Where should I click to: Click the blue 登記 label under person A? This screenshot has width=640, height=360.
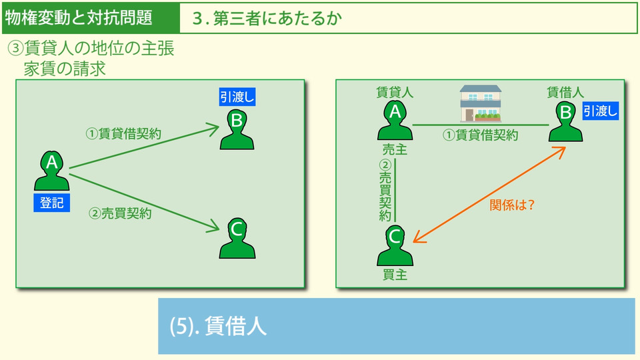[52, 203]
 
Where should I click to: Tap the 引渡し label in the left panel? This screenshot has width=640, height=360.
[237, 97]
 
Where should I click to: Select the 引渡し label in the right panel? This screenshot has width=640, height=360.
[601, 111]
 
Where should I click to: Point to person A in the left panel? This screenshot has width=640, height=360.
[52, 171]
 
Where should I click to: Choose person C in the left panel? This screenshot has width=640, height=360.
[237, 238]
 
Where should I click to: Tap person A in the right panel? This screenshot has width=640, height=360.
[395, 120]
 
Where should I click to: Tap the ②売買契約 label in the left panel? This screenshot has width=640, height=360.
[121, 213]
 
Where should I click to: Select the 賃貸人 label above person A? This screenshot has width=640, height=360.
[395, 93]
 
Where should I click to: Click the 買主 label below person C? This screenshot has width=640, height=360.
[395, 275]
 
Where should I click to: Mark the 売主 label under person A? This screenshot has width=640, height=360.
[395, 149]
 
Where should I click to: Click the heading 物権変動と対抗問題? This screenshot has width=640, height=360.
[79, 17]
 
